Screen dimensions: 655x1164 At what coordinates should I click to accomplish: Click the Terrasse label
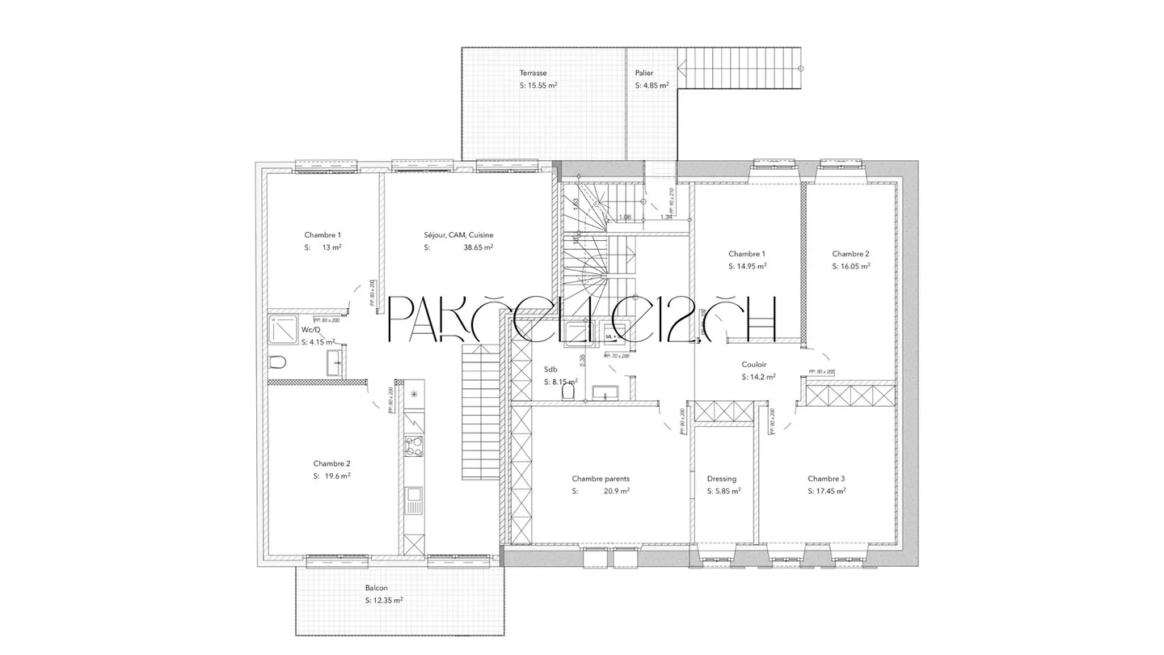point(533,73)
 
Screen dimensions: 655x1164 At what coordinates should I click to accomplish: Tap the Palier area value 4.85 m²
point(652,85)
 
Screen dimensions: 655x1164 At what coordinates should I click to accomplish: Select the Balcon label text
point(376,588)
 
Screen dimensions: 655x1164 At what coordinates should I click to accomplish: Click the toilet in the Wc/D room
point(277,361)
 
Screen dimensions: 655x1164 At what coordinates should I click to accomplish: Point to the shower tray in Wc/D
point(283,331)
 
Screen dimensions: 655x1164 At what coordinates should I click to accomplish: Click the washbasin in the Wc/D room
point(335,366)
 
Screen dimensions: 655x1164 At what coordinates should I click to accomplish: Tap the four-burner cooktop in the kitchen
point(413,447)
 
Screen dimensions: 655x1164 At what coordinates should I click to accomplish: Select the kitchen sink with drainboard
point(413,501)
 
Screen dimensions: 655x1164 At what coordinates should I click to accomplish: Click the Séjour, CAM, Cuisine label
point(458,235)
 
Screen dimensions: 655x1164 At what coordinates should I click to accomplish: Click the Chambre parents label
point(600,479)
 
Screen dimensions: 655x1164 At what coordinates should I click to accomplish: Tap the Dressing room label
point(721,479)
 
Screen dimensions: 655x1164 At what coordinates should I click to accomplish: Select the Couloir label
point(754,365)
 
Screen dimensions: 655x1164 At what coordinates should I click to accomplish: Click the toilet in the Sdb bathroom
point(568,392)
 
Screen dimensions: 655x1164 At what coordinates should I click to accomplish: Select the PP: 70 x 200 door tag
point(617,355)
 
